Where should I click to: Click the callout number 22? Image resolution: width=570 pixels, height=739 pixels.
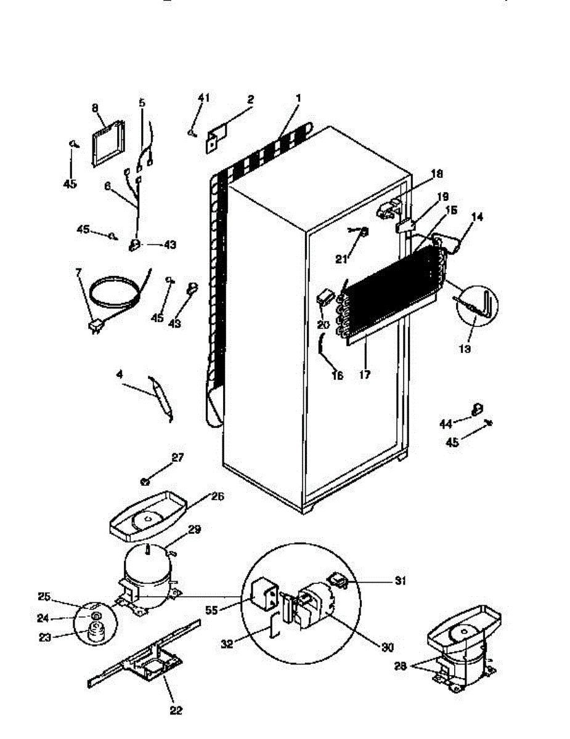coord(176,711)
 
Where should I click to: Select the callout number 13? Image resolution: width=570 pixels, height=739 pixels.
coord(465,349)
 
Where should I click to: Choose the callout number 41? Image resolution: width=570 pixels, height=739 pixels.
coord(204,97)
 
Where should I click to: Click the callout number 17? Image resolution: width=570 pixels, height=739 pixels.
coord(365,374)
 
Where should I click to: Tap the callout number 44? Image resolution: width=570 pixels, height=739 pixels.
coord(445,422)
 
